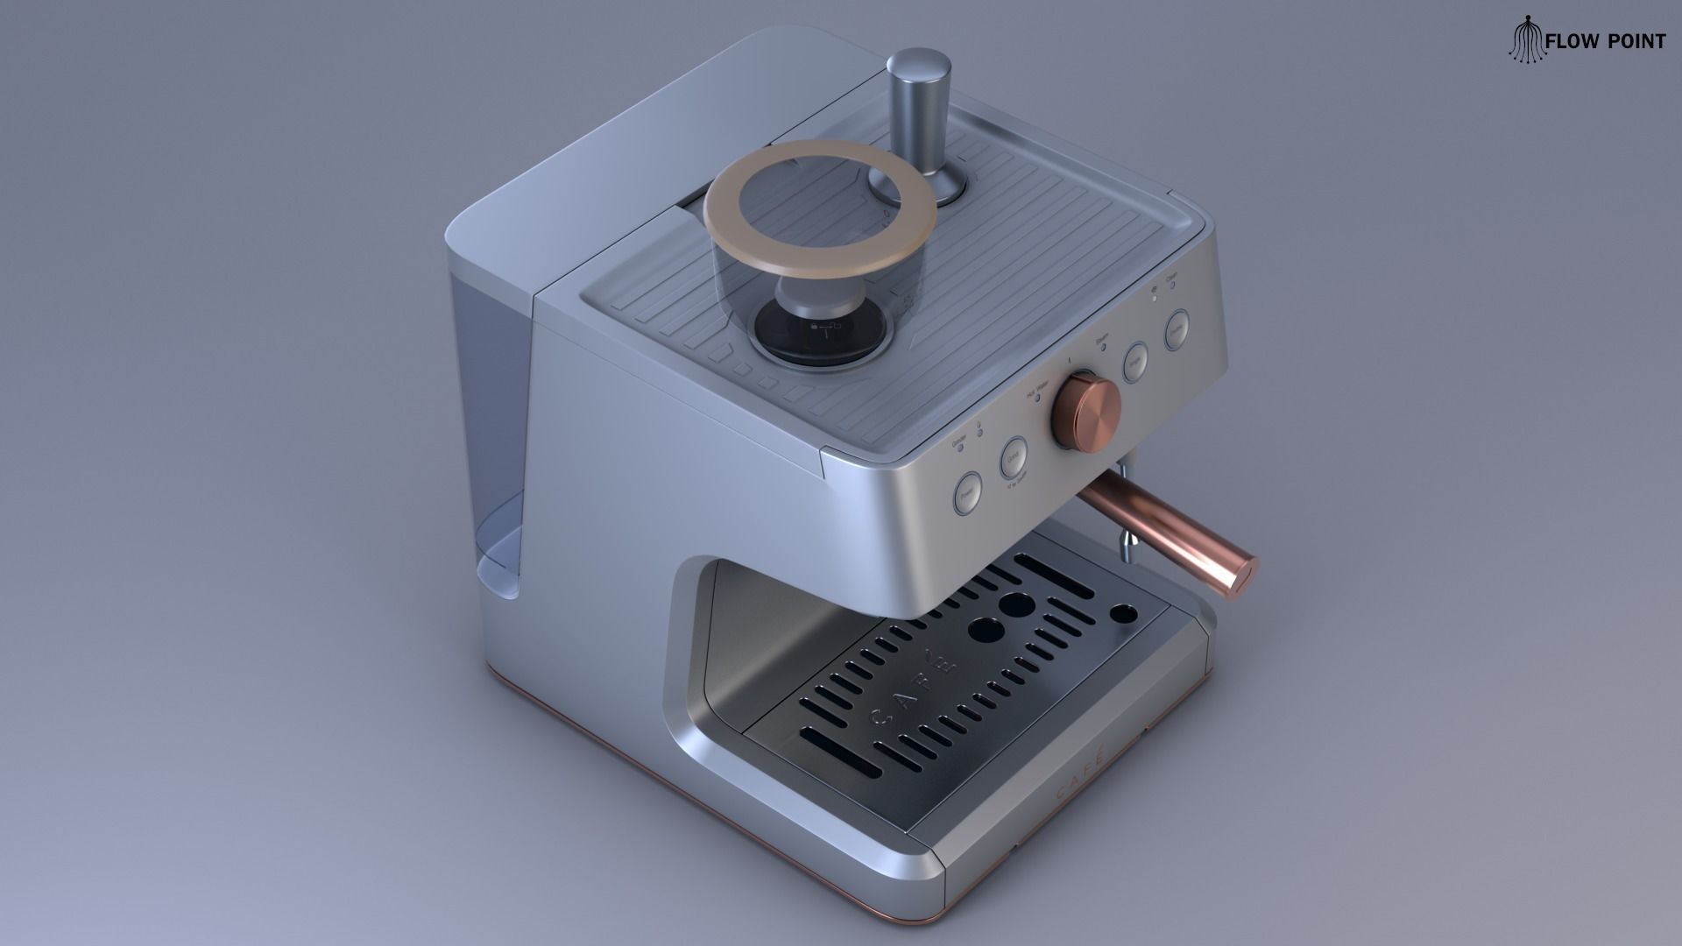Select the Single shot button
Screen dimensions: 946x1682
tap(1136, 361)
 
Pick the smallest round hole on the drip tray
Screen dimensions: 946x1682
tap(1120, 614)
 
